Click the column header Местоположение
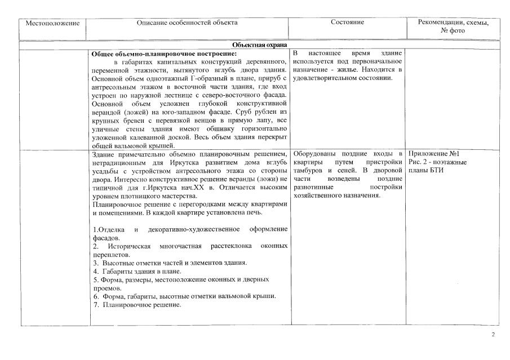pos(52,23)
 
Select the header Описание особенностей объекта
pos(187,23)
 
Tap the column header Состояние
pos(347,23)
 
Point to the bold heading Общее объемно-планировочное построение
pos(164,54)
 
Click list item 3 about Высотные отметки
pos(170,263)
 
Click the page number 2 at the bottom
pos(493,335)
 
